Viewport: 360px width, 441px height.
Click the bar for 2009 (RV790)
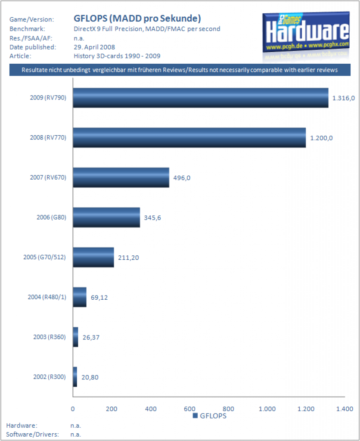click(200, 98)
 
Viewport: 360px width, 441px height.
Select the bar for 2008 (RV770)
click(189, 138)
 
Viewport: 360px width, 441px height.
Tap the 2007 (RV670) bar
click(121, 177)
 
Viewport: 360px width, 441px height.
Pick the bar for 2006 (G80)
click(106, 217)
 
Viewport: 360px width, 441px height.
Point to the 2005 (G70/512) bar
click(93, 257)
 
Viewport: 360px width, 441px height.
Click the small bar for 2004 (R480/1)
click(80, 297)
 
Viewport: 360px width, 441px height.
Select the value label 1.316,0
click(343, 98)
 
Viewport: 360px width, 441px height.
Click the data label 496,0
click(182, 178)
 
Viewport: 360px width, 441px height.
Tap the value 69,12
click(100, 298)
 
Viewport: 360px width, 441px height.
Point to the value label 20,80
click(91, 377)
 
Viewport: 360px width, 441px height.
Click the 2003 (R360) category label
click(50, 337)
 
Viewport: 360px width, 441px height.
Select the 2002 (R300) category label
click(50, 377)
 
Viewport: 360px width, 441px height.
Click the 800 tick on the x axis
click(229, 409)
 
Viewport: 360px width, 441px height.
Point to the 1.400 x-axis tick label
click(345, 409)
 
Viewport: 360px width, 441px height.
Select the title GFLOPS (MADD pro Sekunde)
click(137, 19)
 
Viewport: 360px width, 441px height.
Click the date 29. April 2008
click(94, 47)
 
